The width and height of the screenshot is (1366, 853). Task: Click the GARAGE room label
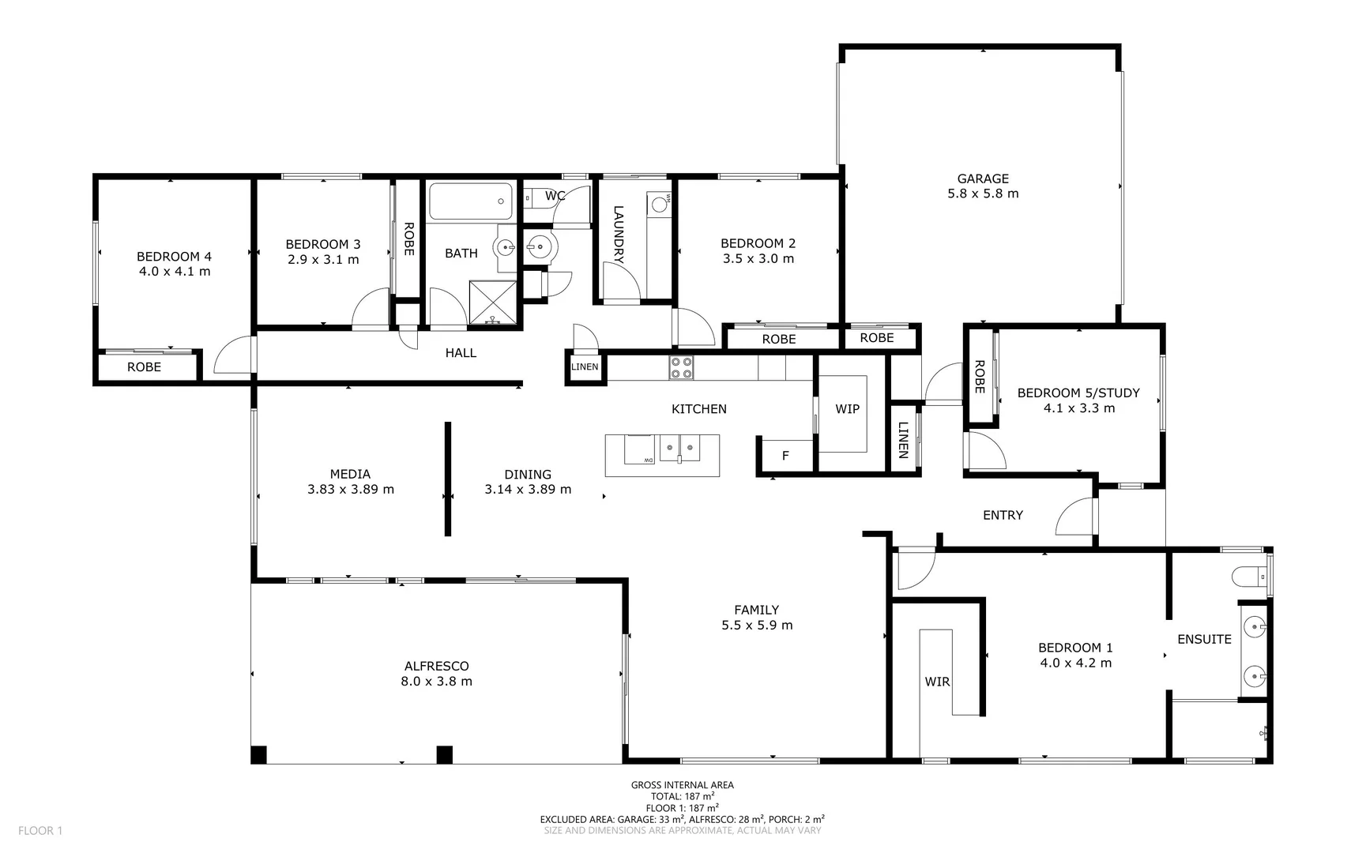[983, 178]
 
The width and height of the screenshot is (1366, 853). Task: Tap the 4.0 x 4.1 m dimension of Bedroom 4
[175, 272]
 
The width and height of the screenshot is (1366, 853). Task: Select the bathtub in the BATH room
[471, 201]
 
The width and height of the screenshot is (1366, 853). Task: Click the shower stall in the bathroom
[492, 302]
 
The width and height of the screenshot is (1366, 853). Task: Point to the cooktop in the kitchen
[681, 368]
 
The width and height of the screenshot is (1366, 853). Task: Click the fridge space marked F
[785, 456]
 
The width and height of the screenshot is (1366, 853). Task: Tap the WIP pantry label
[847, 409]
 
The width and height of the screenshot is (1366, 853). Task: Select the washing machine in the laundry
[658, 204]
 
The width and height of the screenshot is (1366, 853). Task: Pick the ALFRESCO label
[436, 667]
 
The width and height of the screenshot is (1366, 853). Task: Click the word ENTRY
[1003, 515]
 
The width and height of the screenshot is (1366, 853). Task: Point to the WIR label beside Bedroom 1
[937, 682]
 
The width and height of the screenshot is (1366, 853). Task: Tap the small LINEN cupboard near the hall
[585, 367]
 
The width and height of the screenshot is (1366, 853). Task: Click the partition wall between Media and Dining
[448, 479]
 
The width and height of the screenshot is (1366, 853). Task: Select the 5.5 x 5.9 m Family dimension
[757, 626]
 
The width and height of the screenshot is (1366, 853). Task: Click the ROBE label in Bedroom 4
[144, 367]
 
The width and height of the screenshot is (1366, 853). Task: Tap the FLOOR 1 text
[40, 830]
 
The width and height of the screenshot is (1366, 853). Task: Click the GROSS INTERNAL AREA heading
[682, 785]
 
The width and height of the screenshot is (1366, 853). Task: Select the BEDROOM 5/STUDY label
[1078, 393]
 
